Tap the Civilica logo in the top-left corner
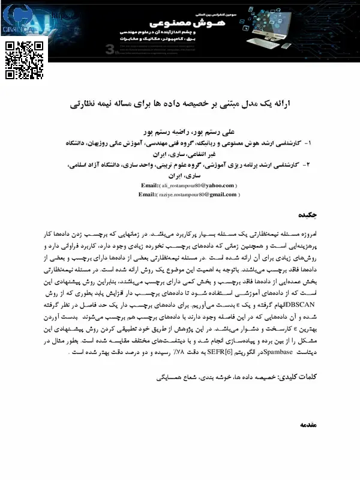pos(19,20)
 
